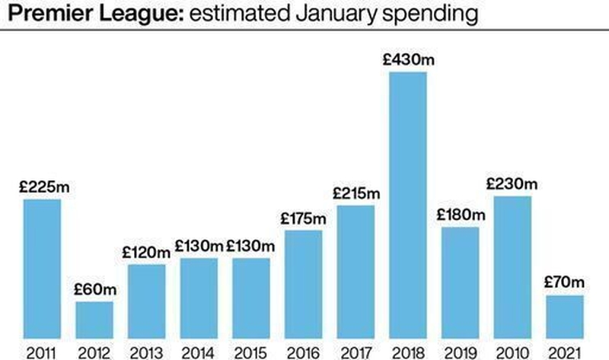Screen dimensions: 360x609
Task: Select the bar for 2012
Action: (94, 319)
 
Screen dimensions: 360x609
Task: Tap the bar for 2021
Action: (565, 316)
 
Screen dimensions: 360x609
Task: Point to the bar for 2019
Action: (461, 282)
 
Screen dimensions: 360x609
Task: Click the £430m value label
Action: (408, 60)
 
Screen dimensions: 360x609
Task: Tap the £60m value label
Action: (94, 289)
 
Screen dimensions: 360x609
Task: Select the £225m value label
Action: (42, 187)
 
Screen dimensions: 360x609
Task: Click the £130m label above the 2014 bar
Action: (199, 247)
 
